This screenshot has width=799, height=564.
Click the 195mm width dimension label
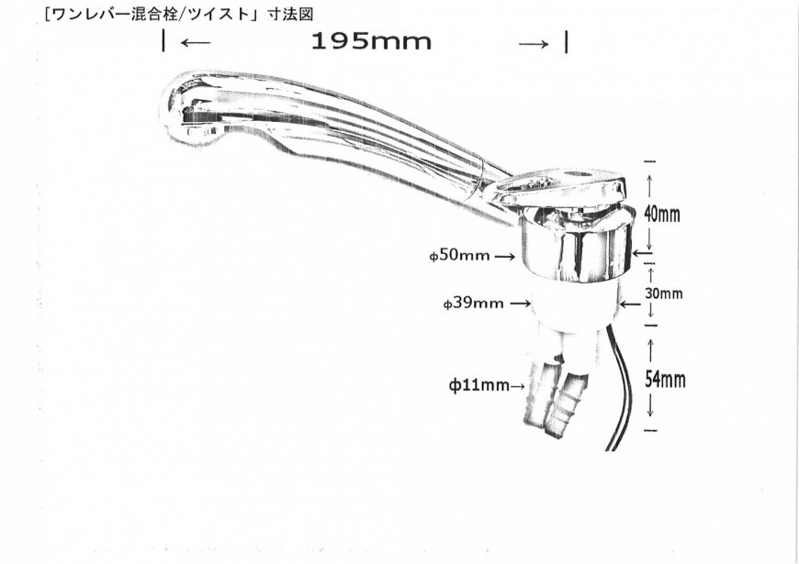click(371, 41)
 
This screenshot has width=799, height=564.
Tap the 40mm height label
click(662, 215)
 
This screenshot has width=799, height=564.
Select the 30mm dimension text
click(663, 293)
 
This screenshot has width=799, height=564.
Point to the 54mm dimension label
click(665, 380)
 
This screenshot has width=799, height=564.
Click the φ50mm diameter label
click(459, 255)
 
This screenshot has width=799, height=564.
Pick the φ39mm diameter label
click(473, 303)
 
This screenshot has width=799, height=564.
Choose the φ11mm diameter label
click(478, 385)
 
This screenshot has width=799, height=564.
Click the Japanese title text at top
click(178, 14)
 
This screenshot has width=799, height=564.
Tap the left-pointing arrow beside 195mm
click(196, 43)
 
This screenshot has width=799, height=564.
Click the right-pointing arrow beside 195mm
click(534, 44)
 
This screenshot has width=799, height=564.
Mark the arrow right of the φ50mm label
click(504, 257)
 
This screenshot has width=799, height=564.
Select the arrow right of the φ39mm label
click(520, 304)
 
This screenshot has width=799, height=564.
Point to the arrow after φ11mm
click(517, 386)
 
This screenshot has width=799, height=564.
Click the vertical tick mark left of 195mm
click(163, 40)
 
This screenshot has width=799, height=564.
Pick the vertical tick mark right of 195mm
click(567, 42)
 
